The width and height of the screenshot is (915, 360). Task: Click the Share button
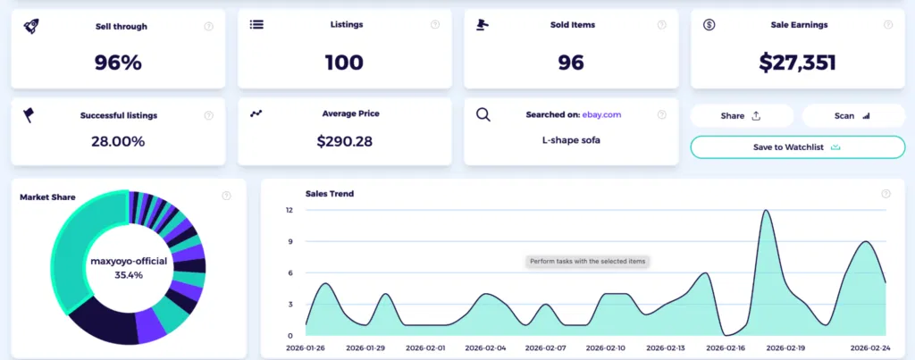(x=741, y=115)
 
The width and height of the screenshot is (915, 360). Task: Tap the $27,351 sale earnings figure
(x=798, y=62)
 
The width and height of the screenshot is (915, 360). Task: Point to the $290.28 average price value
(x=344, y=140)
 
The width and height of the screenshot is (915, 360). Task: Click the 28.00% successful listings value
(x=118, y=141)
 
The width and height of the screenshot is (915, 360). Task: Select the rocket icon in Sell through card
(x=30, y=26)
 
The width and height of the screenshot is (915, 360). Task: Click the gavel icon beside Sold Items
(x=484, y=25)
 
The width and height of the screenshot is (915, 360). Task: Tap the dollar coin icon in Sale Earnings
(x=709, y=25)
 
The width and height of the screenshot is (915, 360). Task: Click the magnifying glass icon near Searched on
(x=483, y=114)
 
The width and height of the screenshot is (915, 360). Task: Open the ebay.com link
(x=601, y=115)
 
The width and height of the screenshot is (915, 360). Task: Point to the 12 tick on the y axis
(x=289, y=210)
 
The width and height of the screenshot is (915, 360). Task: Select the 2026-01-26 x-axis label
(x=306, y=347)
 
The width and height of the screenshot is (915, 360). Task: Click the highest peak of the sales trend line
(x=766, y=211)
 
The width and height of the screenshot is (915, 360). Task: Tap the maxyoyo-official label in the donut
(x=128, y=261)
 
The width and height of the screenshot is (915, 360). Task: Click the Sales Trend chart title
(x=329, y=193)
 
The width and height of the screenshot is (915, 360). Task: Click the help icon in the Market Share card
(x=226, y=195)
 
